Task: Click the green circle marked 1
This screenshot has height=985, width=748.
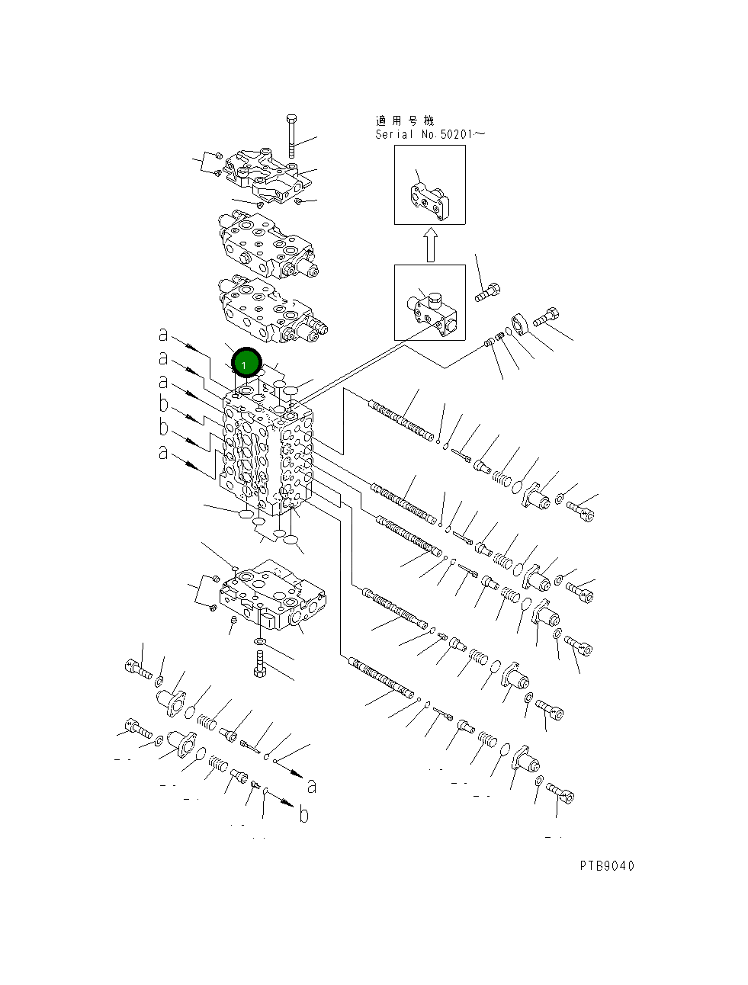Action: (246, 364)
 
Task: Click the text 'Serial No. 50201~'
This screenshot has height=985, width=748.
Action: (429, 134)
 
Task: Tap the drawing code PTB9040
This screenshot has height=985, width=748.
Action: (605, 865)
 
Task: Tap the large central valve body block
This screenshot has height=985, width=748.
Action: (267, 454)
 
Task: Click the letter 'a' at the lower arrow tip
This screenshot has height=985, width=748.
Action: (311, 785)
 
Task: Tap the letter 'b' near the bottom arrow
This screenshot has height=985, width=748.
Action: (304, 815)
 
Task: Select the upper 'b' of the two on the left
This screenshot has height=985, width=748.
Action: (163, 404)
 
